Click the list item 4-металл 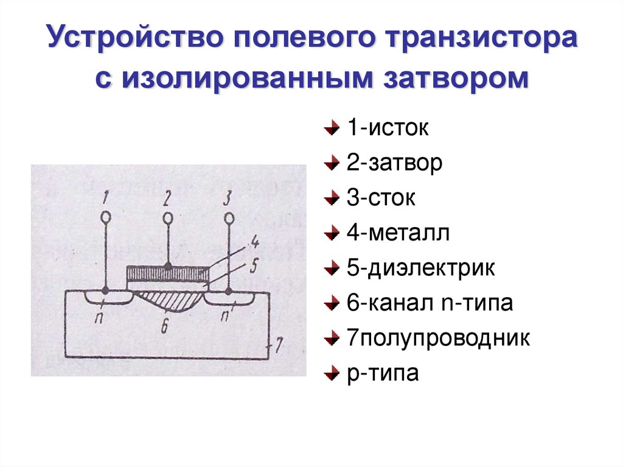tap(399, 233)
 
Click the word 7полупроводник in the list tap(438, 338)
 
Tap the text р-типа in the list tap(383, 373)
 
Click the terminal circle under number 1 tap(105, 216)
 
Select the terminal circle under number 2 tap(167, 217)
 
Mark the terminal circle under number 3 tap(229, 217)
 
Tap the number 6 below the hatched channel tap(165, 325)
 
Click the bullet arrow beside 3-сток tap(330, 200)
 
